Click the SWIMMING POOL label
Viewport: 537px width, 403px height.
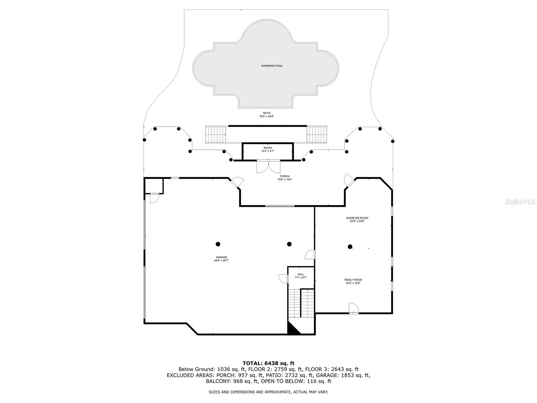[272, 66]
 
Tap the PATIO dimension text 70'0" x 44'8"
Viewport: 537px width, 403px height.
[266, 117]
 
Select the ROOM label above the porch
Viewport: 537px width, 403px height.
[267, 148]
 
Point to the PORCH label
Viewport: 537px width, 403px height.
[285, 176]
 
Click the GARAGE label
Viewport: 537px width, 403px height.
[222, 257]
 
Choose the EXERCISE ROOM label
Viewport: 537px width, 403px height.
[357, 218]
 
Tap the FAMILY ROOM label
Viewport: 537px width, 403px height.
[353, 280]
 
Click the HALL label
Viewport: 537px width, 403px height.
[301, 274]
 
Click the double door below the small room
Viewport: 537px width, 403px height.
[268, 167]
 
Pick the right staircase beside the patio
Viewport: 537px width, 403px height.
[317, 134]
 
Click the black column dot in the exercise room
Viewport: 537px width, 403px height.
[350, 247]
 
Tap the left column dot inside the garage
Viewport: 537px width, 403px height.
[218, 244]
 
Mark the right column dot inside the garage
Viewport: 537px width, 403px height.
[289, 244]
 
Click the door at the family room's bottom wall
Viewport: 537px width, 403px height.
[353, 308]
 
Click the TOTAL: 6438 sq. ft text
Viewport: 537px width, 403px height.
[268, 363]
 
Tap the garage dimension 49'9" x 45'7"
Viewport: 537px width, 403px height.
[222, 261]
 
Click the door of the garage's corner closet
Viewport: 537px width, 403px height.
[154, 198]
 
